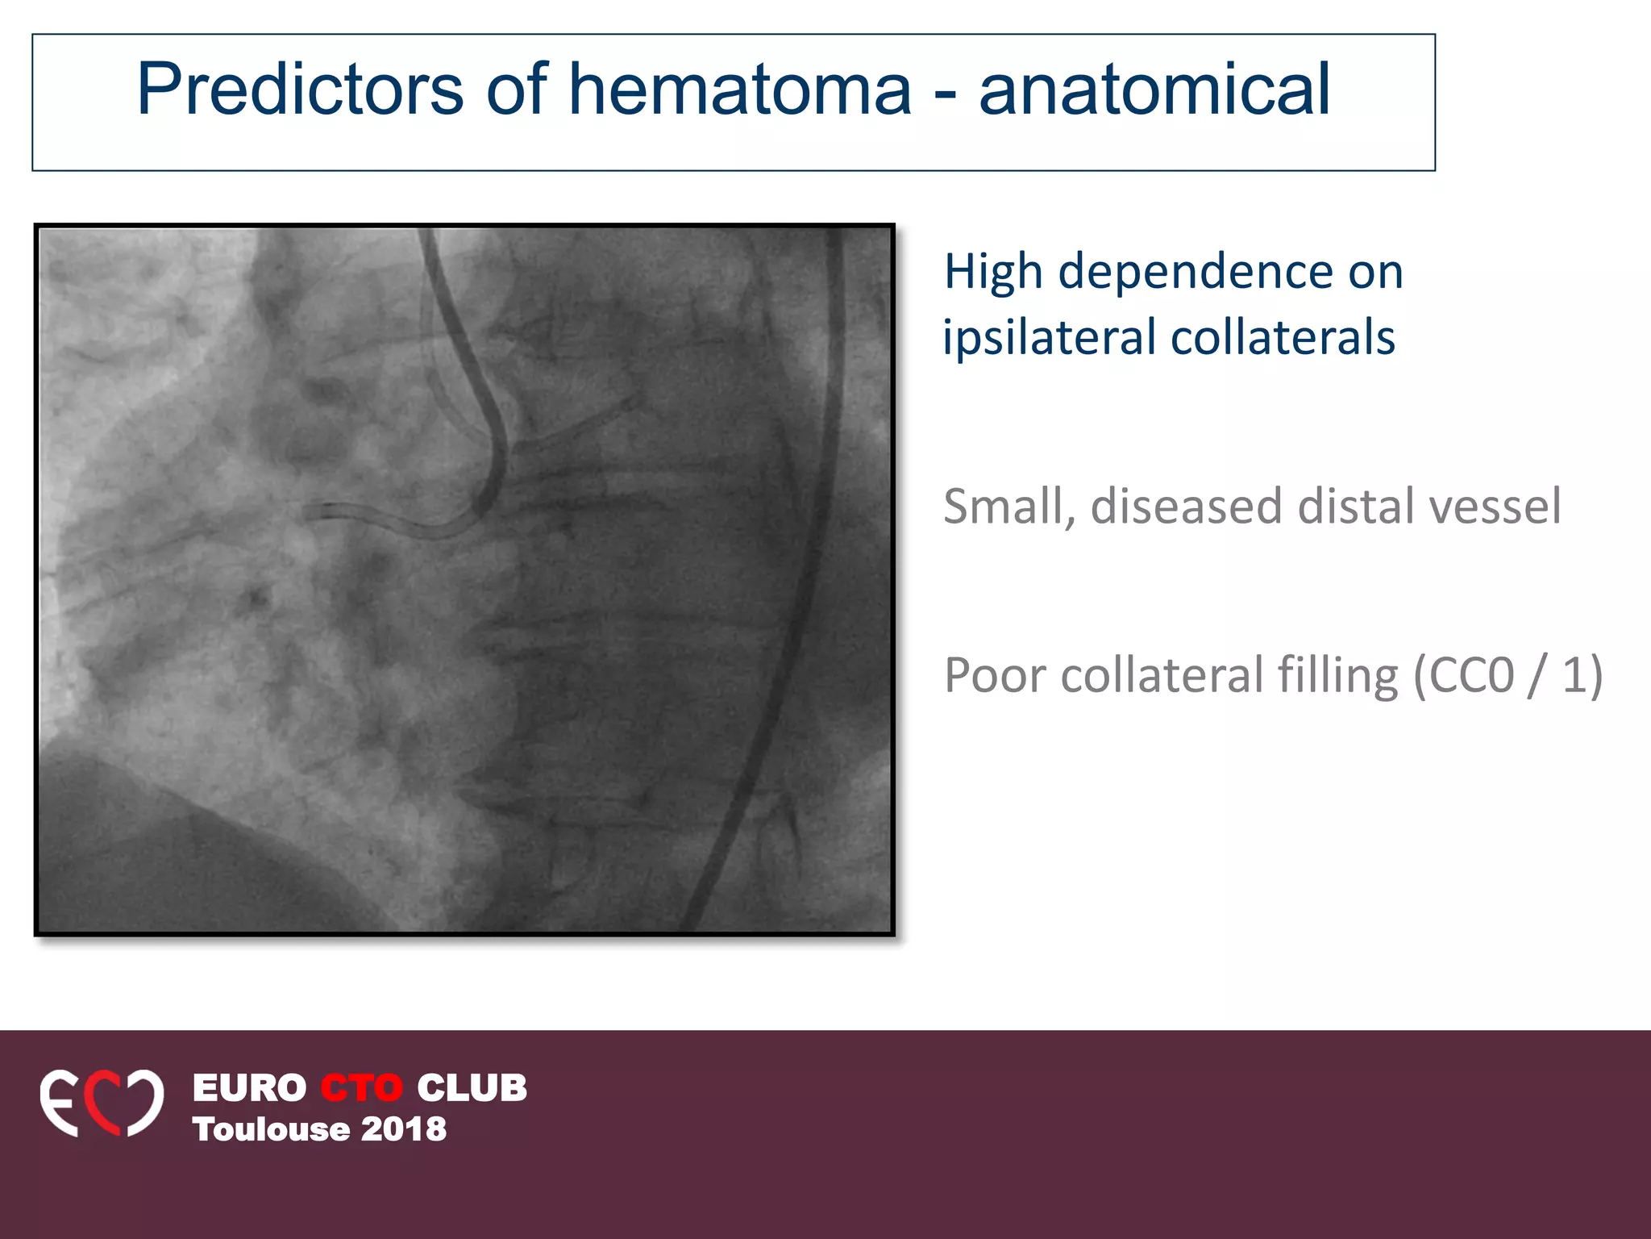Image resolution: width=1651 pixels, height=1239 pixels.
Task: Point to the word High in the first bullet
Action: tap(993, 273)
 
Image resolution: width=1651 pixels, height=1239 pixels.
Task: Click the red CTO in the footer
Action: tap(361, 1087)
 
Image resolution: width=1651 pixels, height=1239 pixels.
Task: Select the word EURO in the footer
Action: tap(249, 1087)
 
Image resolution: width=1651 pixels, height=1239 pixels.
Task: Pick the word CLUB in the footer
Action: tap(472, 1087)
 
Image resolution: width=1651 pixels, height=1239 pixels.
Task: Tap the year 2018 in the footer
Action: tap(403, 1129)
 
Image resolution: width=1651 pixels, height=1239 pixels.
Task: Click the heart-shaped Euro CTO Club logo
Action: tap(102, 1103)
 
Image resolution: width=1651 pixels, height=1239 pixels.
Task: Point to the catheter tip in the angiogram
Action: tap(310, 511)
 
